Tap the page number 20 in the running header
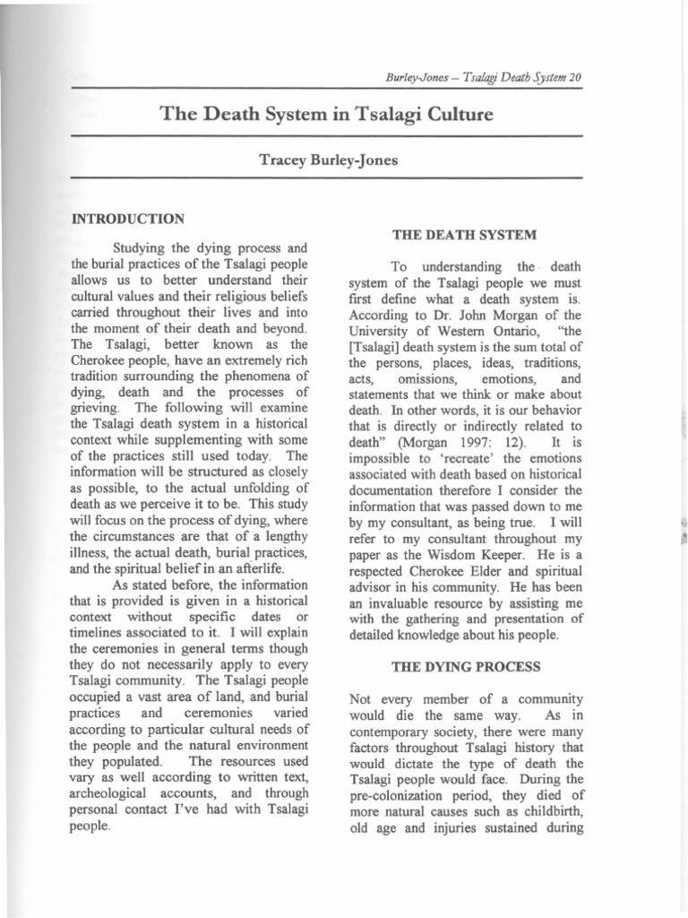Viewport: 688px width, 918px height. pyautogui.click(x=575, y=77)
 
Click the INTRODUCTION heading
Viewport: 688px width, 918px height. pyautogui.click(x=128, y=218)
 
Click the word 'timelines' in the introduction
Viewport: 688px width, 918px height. pyautogui.click(x=101, y=635)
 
